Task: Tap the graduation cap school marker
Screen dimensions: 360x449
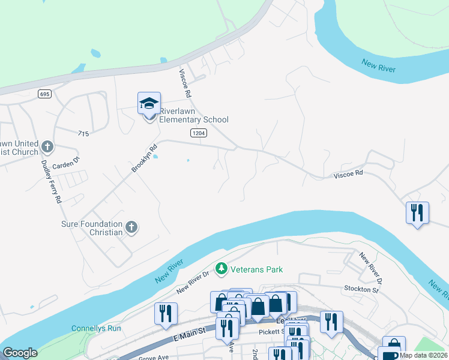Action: tap(149, 104)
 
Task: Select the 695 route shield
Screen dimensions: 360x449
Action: tap(44, 94)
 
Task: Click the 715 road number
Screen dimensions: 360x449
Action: tap(83, 133)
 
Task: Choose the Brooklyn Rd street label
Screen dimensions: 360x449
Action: tap(144, 158)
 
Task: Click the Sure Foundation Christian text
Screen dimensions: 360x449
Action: tap(92, 228)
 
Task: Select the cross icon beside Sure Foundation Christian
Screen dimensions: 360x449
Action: tap(132, 227)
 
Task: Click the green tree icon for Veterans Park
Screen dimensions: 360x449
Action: tap(221, 269)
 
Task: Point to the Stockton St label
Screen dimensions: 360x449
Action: tap(362, 290)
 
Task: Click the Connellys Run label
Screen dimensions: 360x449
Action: tap(96, 328)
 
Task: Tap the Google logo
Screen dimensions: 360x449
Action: tap(20, 353)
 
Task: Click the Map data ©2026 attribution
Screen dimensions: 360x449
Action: tap(423, 355)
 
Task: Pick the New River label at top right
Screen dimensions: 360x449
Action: tap(378, 65)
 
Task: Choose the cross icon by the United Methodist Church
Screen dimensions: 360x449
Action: tap(47, 146)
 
